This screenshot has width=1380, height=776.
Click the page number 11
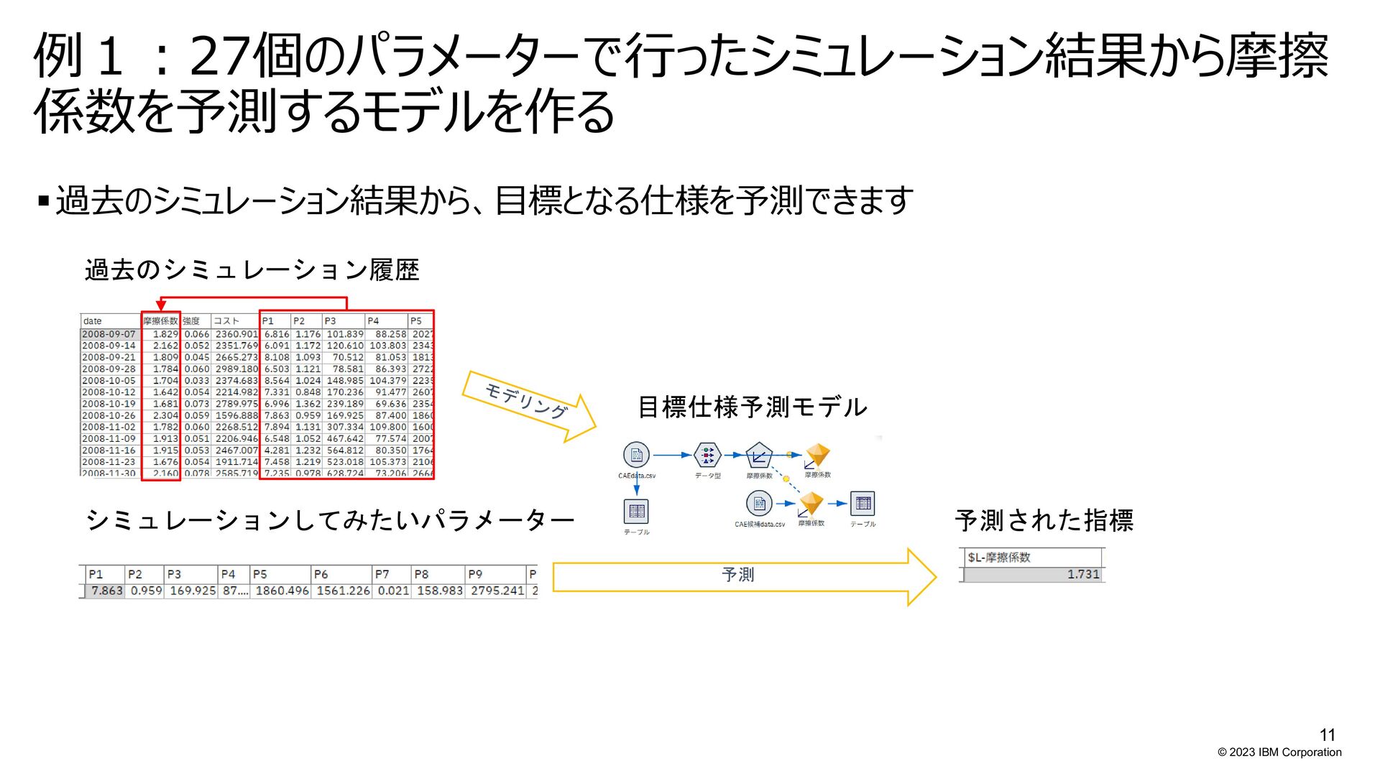click(1327, 734)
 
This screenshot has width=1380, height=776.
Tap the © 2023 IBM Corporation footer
click(1279, 752)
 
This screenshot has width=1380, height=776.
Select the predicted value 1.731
click(1082, 574)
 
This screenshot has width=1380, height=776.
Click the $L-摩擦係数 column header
click(999, 557)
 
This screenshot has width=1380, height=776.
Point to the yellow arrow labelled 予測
click(740, 576)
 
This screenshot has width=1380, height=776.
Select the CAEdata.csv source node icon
click(636, 455)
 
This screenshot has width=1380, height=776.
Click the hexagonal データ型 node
click(708, 455)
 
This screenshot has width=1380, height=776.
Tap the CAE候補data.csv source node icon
click(759, 504)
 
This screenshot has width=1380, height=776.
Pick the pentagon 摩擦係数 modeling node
click(759, 456)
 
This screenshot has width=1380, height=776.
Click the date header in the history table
click(93, 321)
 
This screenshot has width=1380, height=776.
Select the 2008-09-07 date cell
click(109, 334)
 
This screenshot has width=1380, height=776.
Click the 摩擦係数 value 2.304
click(165, 415)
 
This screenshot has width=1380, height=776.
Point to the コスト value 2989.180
click(236, 369)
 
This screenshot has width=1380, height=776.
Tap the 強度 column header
click(191, 321)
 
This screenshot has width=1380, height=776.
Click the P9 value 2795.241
click(497, 591)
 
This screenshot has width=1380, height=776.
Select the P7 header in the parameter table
click(382, 574)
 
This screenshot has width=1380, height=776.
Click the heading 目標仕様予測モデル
click(753, 407)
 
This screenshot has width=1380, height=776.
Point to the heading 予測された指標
click(1044, 520)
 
